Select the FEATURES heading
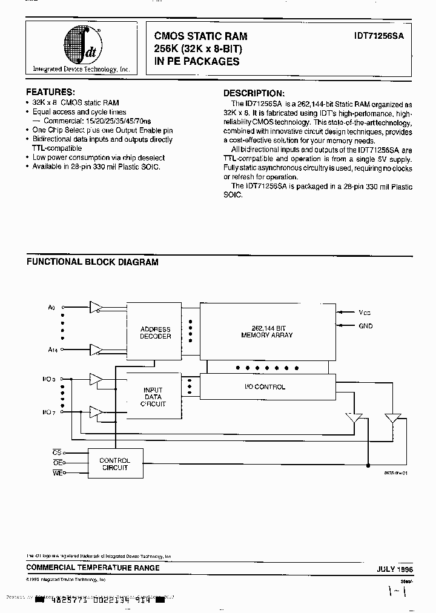51,92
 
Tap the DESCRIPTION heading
254,93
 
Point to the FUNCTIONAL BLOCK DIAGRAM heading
92,262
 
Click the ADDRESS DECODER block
155,333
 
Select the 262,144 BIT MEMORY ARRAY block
266,331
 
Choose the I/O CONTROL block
266,386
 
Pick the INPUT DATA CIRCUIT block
153,397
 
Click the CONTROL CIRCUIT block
114,465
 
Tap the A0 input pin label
51,308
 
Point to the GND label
366,326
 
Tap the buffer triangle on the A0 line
96,307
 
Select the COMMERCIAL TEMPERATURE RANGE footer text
93,568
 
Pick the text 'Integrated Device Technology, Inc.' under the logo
81,70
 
